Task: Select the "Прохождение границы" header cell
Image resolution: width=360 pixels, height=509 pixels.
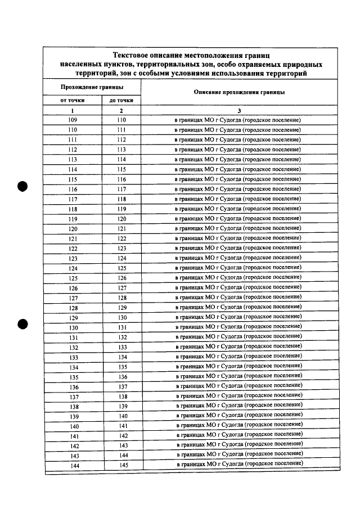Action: point(92,87)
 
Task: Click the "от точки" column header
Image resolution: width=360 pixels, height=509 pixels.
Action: point(73,100)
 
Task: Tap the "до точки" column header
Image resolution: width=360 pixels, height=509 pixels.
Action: point(121,100)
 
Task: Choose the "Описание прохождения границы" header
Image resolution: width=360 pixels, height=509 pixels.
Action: point(238,92)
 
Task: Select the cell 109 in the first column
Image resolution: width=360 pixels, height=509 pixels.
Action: point(73,120)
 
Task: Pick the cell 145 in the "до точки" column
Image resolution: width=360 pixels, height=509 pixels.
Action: point(123,465)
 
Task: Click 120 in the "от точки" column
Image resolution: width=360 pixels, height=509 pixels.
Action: point(73,229)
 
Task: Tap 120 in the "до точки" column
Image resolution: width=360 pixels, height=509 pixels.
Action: point(121,219)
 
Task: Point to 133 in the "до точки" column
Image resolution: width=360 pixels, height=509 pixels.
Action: point(123,348)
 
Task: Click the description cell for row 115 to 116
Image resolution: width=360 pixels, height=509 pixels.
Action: point(238,179)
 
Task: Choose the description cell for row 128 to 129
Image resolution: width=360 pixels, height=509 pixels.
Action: point(238,308)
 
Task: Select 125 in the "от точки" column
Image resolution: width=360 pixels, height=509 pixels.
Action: point(73,278)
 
